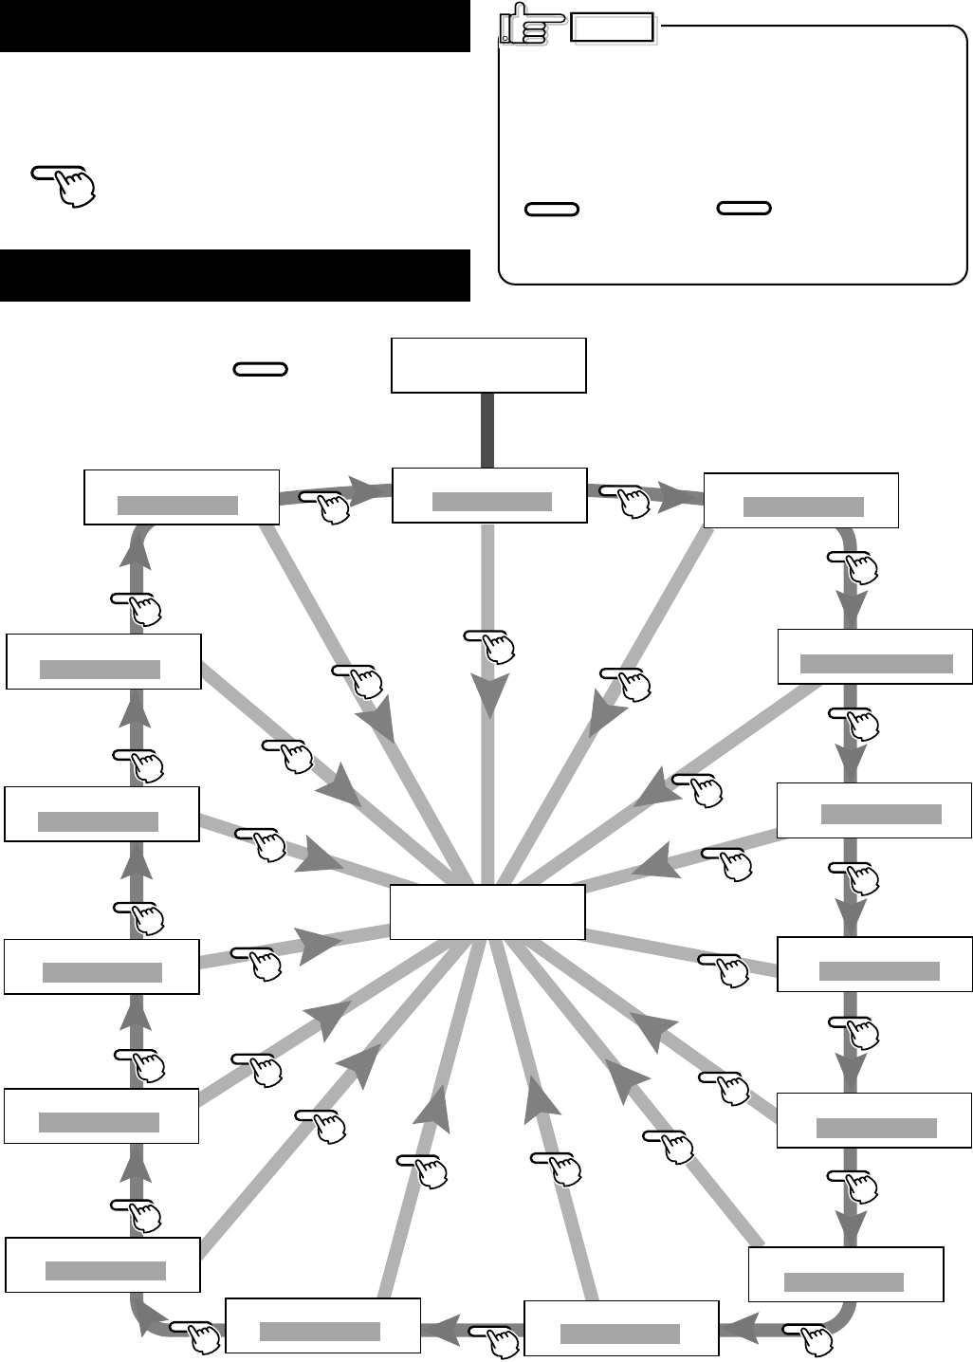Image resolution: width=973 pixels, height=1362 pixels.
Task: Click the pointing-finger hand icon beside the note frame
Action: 524,24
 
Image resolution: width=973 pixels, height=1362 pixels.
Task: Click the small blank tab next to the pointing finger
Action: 613,28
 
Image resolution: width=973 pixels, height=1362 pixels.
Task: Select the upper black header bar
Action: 235,26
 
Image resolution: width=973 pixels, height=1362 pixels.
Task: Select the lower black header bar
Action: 235,275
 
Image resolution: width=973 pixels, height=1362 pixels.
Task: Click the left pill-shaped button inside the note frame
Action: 551,209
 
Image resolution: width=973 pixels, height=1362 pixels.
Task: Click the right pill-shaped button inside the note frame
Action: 744,209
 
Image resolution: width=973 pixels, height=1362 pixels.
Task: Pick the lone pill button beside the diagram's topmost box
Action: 260,369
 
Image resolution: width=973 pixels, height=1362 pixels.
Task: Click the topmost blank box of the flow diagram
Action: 488,365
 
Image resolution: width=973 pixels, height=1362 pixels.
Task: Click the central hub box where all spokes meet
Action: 487,911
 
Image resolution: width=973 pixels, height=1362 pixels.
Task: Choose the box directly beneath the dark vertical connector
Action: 489,495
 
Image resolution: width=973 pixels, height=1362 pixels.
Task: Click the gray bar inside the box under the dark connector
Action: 491,502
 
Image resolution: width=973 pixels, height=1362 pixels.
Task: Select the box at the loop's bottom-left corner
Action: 102,1264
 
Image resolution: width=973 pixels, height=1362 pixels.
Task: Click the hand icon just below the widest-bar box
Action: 857,722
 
